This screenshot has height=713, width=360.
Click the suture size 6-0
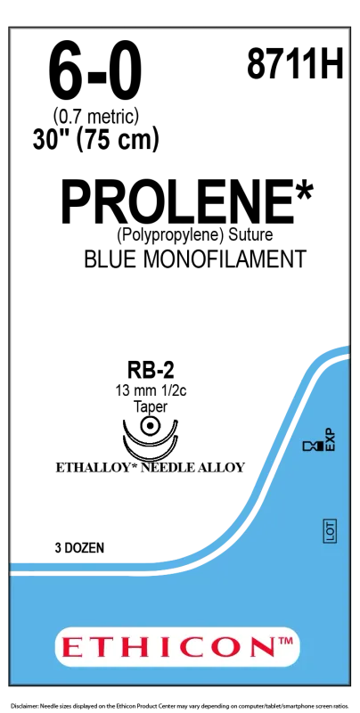pos(96,73)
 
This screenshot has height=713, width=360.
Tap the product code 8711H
pos(295,63)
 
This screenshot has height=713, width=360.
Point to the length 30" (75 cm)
pos(95,140)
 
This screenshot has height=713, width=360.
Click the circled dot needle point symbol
pos(149,427)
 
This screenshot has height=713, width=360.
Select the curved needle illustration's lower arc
pos(150,455)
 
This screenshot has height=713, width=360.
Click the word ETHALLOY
pos(96,467)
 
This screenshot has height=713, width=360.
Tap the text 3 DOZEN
pos(78,548)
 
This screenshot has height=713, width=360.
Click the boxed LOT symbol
pos(330,530)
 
